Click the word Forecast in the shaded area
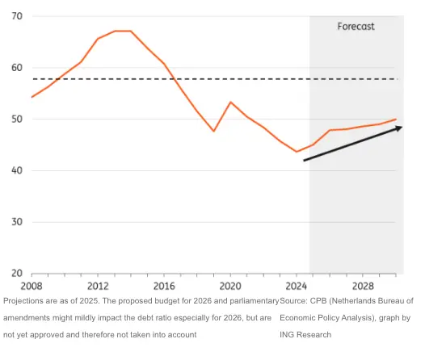pyautogui.click(x=356, y=27)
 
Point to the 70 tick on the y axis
pyautogui.click(x=17, y=17)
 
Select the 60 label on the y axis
pyautogui.click(x=17, y=68)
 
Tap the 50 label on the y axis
pyautogui.click(x=17, y=119)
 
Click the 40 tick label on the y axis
pyautogui.click(x=17, y=171)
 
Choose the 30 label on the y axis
pyautogui.click(x=17, y=222)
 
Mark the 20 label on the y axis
pyautogui.click(x=17, y=274)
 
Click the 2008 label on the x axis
pyautogui.click(x=32, y=287)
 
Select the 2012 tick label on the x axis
pyautogui.click(x=98, y=287)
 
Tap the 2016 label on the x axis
pyautogui.click(x=164, y=287)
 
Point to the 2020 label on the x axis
pyautogui.click(x=230, y=287)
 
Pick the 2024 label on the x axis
pyautogui.click(x=297, y=287)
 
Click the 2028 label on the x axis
pyautogui.click(x=363, y=287)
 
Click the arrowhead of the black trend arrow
pyautogui.click(x=398, y=128)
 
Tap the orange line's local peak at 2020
pyautogui.click(x=230, y=103)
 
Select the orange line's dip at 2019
pyautogui.click(x=214, y=131)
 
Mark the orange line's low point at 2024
pyautogui.click(x=297, y=152)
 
